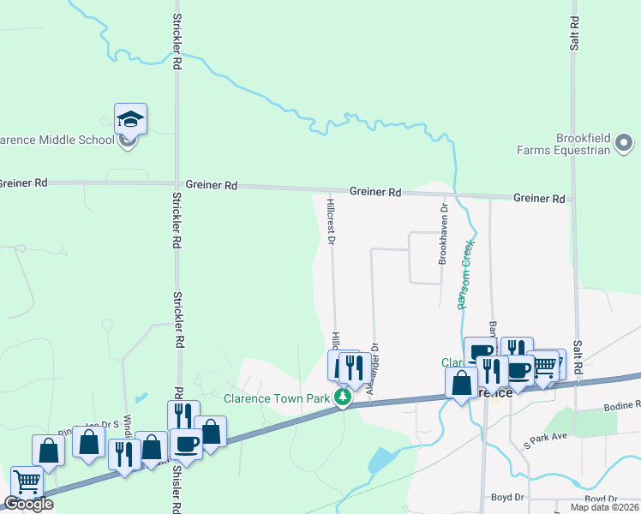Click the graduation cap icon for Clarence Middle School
click(x=130, y=118)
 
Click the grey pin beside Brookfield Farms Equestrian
click(x=624, y=143)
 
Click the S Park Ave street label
click(x=546, y=440)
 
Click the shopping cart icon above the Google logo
click(x=27, y=482)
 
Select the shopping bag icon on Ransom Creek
click(x=461, y=382)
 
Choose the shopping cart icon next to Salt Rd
click(x=545, y=366)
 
